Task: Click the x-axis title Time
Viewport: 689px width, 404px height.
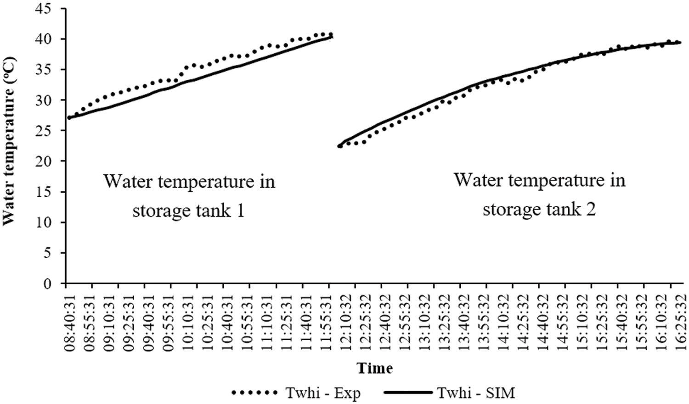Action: pos(375,368)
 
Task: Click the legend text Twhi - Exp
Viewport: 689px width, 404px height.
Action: pos(323,393)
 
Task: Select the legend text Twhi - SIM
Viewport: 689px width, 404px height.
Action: pos(476,393)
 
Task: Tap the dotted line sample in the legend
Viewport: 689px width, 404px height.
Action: pos(255,393)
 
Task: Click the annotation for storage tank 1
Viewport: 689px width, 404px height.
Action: pos(189,196)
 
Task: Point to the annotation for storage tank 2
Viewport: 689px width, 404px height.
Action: pos(540,194)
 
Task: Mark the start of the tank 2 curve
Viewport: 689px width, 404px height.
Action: pos(340,146)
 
